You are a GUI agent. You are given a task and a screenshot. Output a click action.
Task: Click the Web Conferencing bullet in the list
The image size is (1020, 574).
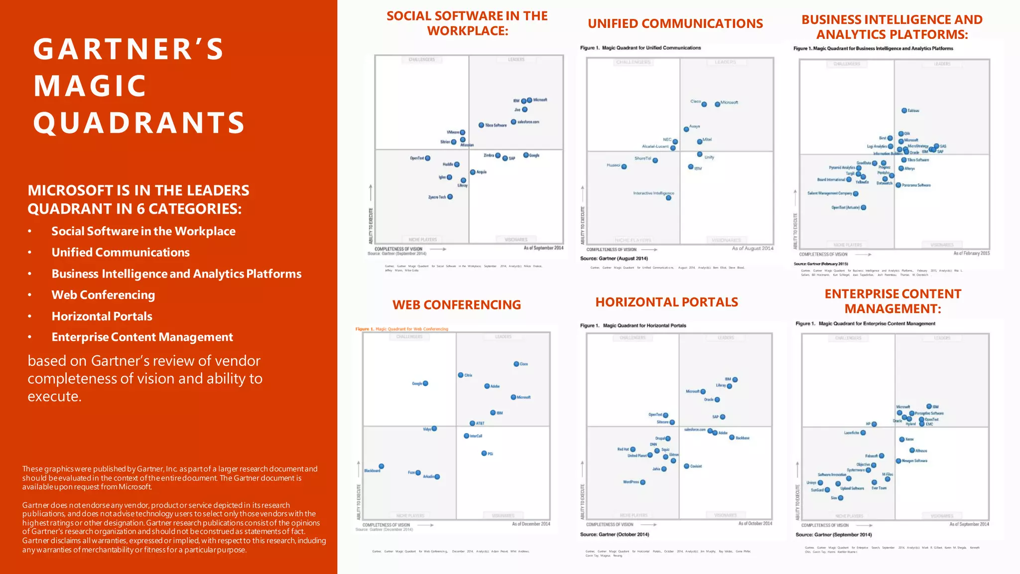pos(103,295)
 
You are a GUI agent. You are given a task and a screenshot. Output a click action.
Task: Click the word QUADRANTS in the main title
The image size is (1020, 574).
pos(139,123)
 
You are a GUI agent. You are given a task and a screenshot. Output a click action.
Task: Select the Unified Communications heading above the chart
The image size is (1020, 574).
pos(675,23)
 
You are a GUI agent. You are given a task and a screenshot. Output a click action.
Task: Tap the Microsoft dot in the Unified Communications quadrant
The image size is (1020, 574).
pos(717,104)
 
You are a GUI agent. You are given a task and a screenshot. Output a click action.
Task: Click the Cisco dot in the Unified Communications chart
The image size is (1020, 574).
pos(704,104)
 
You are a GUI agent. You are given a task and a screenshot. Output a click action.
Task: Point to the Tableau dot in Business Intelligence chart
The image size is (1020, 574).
pos(904,111)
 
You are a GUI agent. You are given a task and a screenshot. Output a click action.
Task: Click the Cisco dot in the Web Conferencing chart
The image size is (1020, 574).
pos(516,364)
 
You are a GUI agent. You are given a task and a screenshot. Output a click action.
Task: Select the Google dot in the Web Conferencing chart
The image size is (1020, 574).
pos(425,383)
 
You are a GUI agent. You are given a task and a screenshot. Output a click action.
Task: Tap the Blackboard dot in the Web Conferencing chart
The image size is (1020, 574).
pos(382,466)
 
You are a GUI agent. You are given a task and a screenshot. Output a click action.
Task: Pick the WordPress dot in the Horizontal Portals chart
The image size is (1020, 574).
pos(643,482)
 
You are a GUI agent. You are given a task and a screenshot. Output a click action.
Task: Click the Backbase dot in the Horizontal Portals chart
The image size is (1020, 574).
pos(732,437)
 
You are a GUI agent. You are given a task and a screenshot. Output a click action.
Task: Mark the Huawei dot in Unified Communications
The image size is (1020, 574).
pos(624,166)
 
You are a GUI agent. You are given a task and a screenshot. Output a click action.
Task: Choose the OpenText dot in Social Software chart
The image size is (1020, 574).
pos(428,158)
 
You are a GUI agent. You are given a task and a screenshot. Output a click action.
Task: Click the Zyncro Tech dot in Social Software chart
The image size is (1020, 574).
pos(450,197)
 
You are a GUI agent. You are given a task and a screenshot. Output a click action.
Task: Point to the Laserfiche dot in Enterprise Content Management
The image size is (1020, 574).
pos(863,432)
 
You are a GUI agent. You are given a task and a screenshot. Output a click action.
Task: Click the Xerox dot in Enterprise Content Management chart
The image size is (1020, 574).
pos(902,439)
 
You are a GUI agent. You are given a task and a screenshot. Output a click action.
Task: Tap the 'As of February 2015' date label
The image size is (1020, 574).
pos(971,253)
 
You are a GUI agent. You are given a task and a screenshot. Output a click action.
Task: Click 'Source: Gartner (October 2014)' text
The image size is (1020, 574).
pos(614,534)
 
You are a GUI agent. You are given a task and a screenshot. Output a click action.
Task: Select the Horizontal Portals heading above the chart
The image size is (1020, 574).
pos(666,302)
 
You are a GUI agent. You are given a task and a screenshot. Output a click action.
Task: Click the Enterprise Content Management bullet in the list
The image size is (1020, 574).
pos(142,337)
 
